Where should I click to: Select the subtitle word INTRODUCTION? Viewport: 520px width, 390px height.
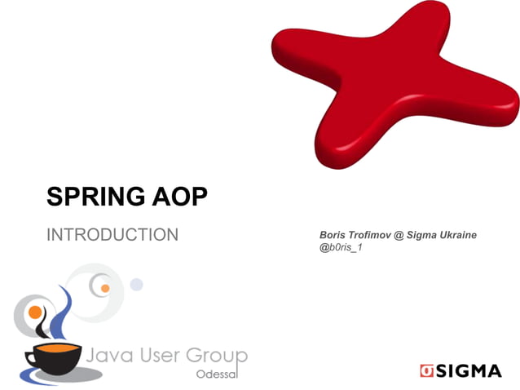[112, 236]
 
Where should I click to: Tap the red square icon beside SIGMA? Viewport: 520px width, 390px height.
[426, 371]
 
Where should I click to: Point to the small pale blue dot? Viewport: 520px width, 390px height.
[136, 285]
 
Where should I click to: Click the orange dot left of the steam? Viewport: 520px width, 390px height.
[35, 312]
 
